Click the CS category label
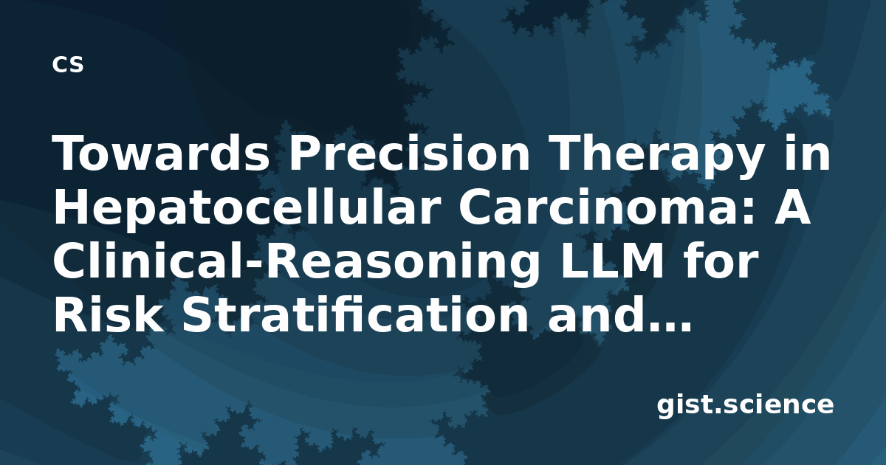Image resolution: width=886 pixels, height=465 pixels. (x=68, y=64)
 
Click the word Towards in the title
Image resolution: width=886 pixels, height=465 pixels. (x=162, y=153)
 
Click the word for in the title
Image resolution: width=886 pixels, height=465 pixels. (x=721, y=260)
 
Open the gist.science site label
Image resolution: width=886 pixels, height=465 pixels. (x=745, y=405)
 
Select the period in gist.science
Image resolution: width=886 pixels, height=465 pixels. (x=716, y=411)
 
